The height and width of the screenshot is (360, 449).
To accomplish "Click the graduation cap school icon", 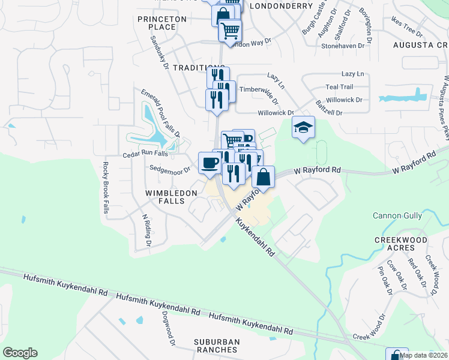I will pyautogui.click(x=304, y=127).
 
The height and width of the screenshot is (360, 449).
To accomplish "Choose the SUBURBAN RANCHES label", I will pyautogui.click(x=217, y=346).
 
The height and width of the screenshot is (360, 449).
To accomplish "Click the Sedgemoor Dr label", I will pyautogui.click(x=170, y=170).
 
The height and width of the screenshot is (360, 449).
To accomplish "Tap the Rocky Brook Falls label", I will pyautogui.click(x=106, y=188).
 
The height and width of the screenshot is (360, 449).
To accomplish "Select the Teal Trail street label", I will pyautogui.click(x=340, y=87).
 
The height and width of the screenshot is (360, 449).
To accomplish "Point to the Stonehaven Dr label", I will pyautogui.click(x=343, y=46).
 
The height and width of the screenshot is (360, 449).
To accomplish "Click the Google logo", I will pyautogui.click(x=20, y=353).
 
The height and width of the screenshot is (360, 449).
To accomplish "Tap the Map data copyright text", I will pyautogui.click(x=423, y=355).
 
